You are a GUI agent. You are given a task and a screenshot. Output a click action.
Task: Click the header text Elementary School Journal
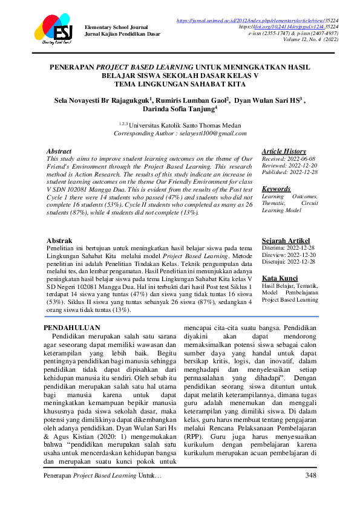[x=117, y=27]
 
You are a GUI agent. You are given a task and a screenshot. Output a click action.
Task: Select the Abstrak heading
[x=59, y=240]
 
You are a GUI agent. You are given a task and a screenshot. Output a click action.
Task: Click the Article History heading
[x=284, y=151]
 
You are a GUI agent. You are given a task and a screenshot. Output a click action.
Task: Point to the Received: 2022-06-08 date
[x=288, y=159]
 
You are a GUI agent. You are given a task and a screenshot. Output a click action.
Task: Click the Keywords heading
[x=276, y=189]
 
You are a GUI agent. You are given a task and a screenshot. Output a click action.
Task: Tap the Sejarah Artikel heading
[x=285, y=240]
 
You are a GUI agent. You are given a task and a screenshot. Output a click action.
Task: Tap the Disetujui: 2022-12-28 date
[x=288, y=262]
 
